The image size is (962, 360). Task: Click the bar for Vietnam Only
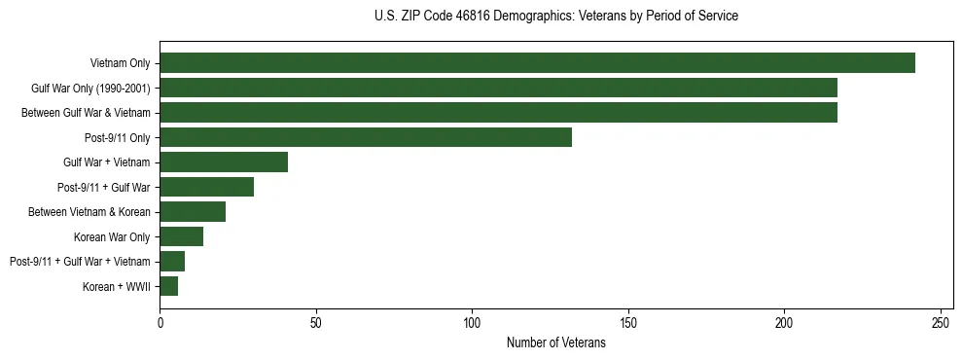tap(537, 63)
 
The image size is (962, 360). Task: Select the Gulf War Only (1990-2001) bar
tap(498, 89)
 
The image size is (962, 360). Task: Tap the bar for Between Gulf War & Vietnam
tap(498, 113)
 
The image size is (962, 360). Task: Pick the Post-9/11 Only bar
tap(366, 137)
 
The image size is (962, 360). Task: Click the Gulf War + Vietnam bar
tap(224, 162)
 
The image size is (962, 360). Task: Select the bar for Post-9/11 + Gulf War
tap(206, 187)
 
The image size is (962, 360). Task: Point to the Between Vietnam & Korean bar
tap(193, 212)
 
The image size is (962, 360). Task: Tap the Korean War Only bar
tap(181, 236)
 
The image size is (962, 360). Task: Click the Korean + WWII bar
tap(169, 286)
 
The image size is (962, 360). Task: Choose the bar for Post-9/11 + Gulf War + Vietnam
tap(172, 261)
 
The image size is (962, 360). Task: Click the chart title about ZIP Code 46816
tap(555, 17)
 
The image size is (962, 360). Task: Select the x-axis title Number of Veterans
tap(555, 342)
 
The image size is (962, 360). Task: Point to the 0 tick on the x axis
tap(160, 322)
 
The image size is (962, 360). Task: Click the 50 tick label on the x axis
tap(316, 322)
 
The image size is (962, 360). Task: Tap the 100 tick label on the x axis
tap(472, 322)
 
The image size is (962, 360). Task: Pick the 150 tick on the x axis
tap(628, 322)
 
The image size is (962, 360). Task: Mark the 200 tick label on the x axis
tap(784, 322)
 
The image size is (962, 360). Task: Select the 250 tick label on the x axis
tap(941, 322)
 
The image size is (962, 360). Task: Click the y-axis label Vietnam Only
tap(120, 63)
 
